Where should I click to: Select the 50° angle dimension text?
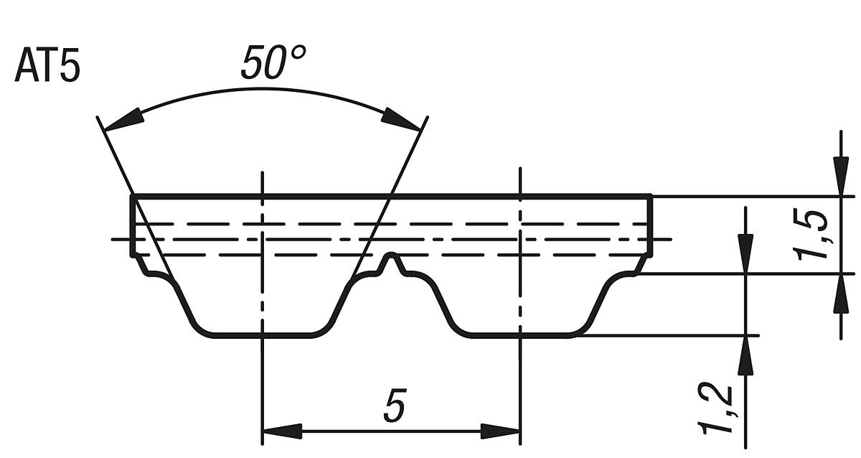pyautogui.click(x=272, y=63)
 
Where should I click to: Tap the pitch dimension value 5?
pyautogui.click(x=394, y=407)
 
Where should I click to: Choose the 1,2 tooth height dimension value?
pyautogui.click(x=715, y=409)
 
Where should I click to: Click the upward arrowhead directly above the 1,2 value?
pyautogui.click(x=746, y=355)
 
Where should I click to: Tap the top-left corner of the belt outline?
pyautogui.click(x=132, y=195)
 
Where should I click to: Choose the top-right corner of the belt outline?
pyautogui.click(x=651, y=195)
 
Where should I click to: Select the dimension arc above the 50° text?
pyautogui.click(x=263, y=90)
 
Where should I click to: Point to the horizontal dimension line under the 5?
pyautogui.click(x=392, y=431)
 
